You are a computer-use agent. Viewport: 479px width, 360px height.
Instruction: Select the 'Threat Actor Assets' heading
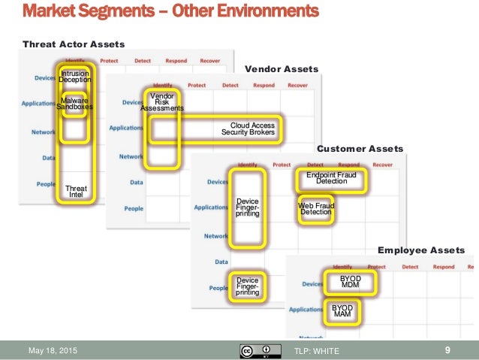pos(74,44)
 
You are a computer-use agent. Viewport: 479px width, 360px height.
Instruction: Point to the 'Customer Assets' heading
pos(360,149)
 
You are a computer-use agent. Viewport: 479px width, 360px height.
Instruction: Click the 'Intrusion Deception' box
pos(75,77)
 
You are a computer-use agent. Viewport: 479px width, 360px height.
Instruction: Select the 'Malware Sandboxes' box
pos(75,104)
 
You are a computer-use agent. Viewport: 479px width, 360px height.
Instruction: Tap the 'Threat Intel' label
pos(76,191)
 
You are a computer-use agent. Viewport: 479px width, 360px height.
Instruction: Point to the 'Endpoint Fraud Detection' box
pos(331,178)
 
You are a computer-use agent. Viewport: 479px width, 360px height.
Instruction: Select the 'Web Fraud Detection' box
pos(315,208)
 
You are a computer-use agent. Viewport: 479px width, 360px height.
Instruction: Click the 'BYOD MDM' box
pos(351,281)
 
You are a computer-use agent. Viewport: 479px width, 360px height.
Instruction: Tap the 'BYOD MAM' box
pos(342,311)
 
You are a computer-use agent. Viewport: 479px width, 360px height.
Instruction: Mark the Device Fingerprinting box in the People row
pos(247,286)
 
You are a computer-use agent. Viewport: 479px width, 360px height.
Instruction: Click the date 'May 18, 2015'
pos(53,350)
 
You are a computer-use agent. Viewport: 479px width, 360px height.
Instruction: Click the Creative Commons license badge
pos(257,350)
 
